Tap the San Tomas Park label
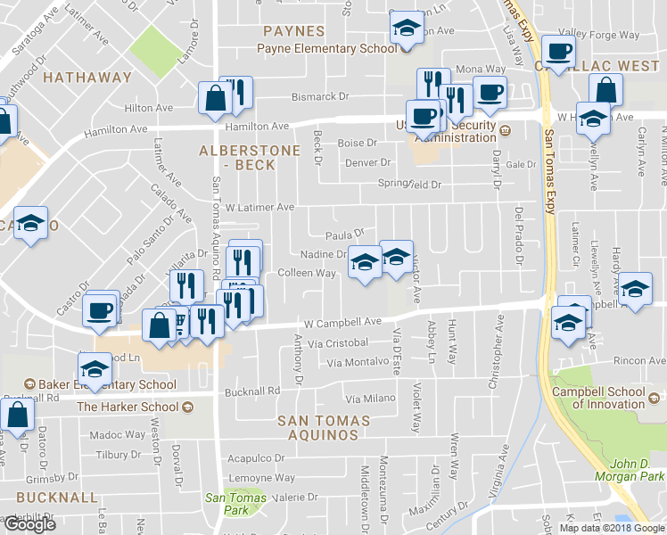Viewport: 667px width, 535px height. click(226, 505)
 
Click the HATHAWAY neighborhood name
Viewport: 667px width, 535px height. click(87, 78)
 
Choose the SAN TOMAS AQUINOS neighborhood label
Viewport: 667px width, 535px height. click(317, 427)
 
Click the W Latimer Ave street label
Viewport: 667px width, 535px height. click(259, 207)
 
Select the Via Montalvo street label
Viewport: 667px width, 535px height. click(358, 363)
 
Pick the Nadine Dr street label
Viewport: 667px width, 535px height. click(323, 254)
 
